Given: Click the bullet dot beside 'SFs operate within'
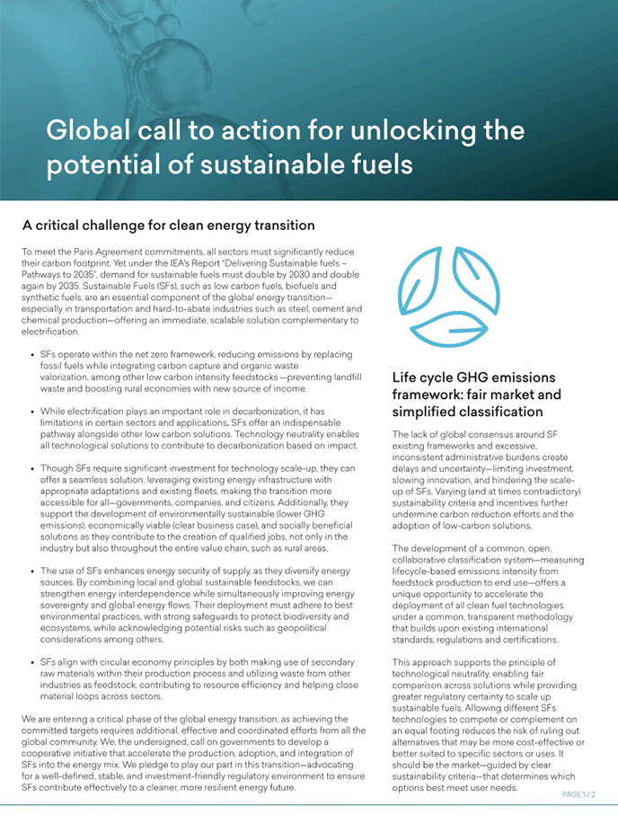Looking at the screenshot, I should [x=33, y=355].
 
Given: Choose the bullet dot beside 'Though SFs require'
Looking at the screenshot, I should [x=33, y=468].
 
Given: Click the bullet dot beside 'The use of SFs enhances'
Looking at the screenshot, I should [x=33, y=571].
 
